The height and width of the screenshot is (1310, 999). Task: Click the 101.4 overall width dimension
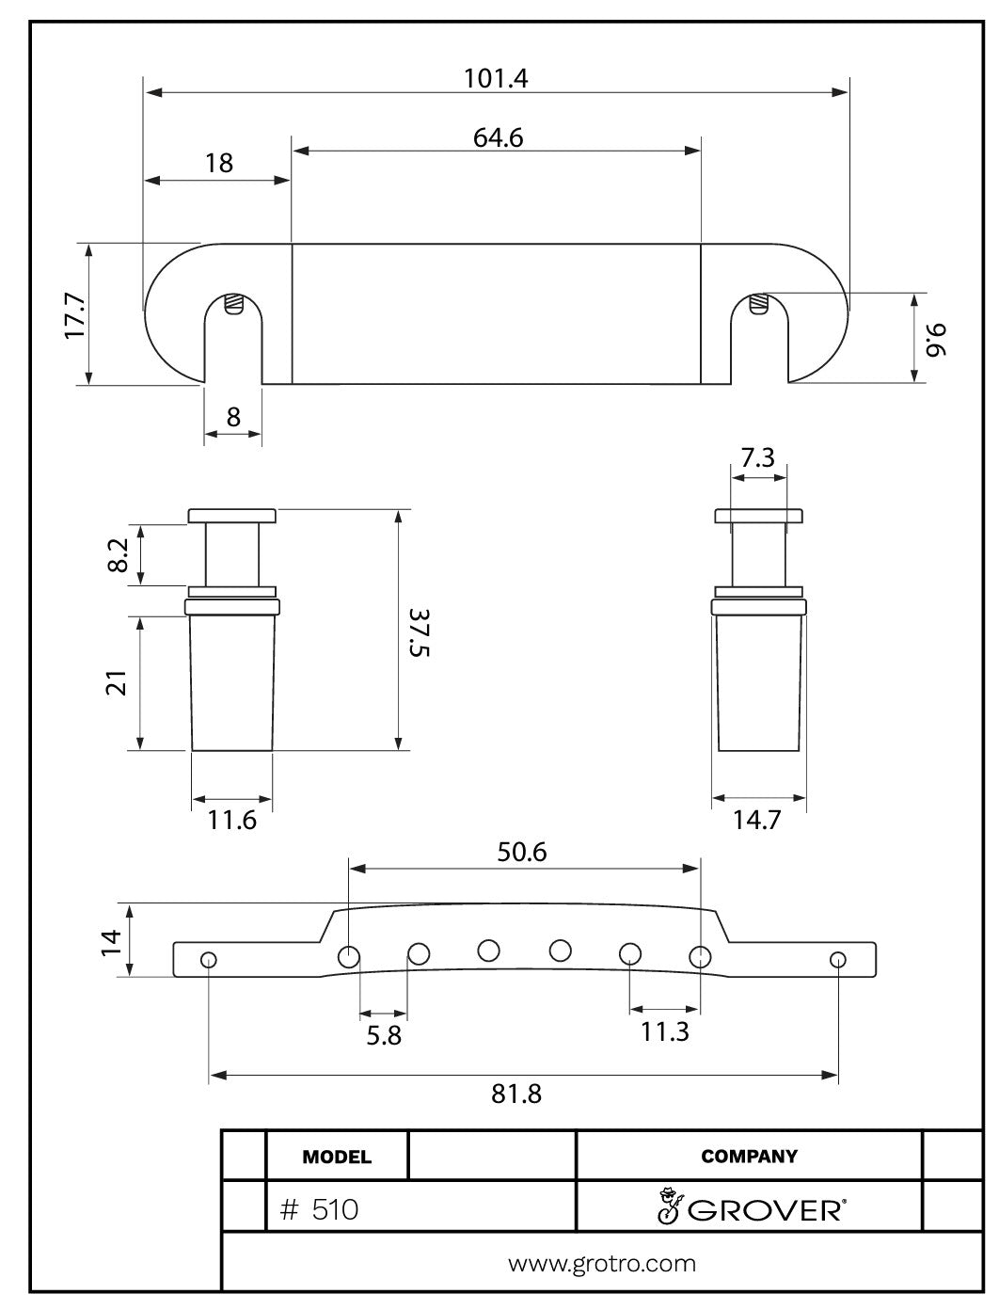[496, 78]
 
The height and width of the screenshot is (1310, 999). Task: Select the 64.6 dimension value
[498, 137]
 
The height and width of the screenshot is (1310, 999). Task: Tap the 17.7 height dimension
[74, 314]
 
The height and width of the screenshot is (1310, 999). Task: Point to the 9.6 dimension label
[936, 339]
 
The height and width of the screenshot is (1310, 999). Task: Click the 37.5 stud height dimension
[419, 631]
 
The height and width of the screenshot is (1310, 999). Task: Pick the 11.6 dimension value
[231, 821]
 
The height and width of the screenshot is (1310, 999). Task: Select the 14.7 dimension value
[757, 821]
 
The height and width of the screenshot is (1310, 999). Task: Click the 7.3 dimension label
[757, 458]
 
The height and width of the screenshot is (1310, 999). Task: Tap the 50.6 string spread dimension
[522, 852]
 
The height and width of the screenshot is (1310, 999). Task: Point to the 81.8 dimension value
[516, 1094]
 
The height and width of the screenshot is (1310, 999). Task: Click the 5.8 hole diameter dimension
[383, 1034]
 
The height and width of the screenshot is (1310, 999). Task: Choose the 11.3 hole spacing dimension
[665, 1032]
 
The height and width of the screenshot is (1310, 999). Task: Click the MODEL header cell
[337, 1157]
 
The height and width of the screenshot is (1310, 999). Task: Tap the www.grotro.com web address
[602, 1263]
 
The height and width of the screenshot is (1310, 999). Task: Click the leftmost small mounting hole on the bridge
[209, 960]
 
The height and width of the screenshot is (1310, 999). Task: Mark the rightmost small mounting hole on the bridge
[837, 960]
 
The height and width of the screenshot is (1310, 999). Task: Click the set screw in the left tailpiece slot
[234, 305]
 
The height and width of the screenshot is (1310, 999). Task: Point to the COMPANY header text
[749, 1157]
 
